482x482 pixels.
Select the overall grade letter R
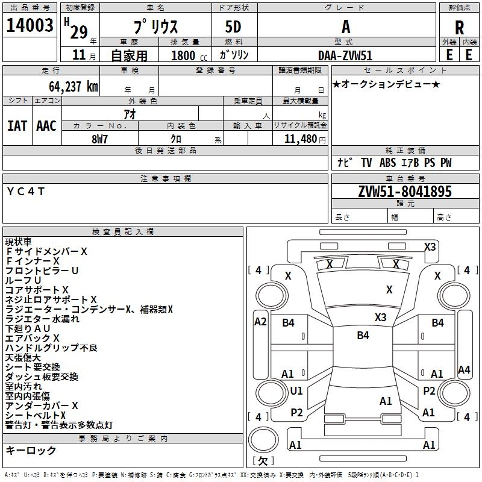459,28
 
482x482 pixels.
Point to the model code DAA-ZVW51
346,55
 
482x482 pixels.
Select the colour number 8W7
100,139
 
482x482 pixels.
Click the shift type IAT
17,125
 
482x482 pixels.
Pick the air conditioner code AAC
46,125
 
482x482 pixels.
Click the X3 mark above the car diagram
430,246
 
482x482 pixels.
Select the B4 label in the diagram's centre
363,336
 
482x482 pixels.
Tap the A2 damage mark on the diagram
260,321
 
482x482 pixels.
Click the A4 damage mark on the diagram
464,369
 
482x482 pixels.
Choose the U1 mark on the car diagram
296,391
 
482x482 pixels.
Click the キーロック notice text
31,450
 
